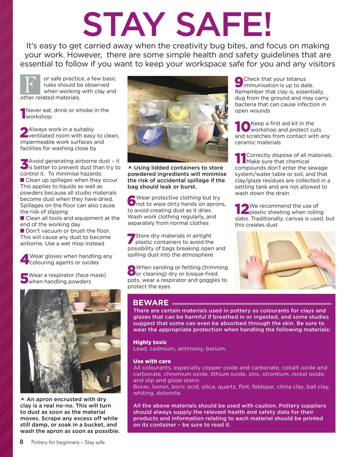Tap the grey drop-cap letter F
pos(30,84)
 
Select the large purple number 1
pos(23,114)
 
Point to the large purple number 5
pos(24,278)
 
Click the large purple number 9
pos(239,82)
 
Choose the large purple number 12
pos(242,209)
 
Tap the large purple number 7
pos(131,239)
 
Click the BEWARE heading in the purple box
pos(151,303)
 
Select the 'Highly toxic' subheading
pos(150,342)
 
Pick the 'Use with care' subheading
pos(152,361)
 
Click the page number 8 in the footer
pos(21,442)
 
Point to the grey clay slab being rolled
pos(284,259)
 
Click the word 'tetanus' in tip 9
pos(296,79)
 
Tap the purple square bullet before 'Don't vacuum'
pos(22,231)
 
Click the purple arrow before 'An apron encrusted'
pos(23,399)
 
